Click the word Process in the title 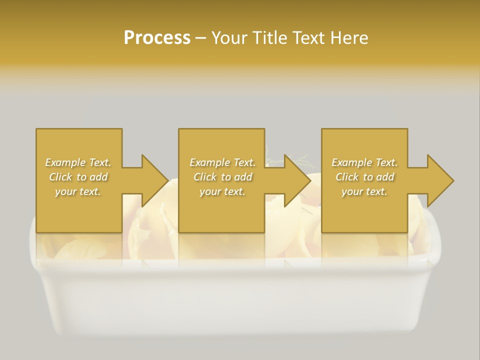pos(157,38)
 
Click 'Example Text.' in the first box pos(78,162)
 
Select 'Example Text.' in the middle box pos(222,162)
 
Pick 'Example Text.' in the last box pos(364,162)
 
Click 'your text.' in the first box pos(78,191)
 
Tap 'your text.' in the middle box pos(222,191)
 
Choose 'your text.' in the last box pos(364,191)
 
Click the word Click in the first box pos(60,177)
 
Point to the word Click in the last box pos(347,177)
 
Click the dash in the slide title pos(200,38)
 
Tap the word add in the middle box pos(243,177)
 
